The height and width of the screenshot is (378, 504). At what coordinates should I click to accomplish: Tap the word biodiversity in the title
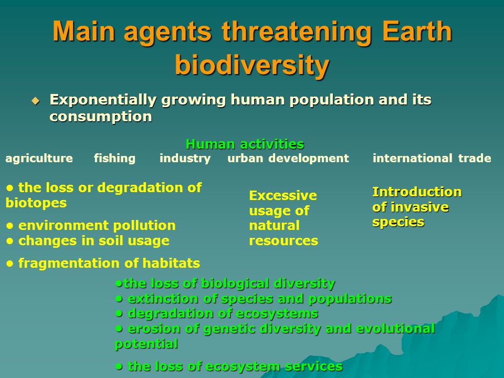pyautogui.click(x=253, y=65)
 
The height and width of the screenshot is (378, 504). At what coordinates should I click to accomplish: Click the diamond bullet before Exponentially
pyautogui.click(x=35, y=101)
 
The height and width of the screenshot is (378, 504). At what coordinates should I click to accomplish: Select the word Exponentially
pyautogui.click(x=103, y=100)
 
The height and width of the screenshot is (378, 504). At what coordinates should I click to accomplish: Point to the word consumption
pyautogui.click(x=101, y=117)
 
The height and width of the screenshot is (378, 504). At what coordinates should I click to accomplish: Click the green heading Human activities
pyautogui.click(x=245, y=144)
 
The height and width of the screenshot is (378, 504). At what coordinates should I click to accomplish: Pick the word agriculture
pyautogui.click(x=39, y=159)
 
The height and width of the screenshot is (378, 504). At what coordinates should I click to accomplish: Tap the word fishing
pyautogui.click(x=115, y=159)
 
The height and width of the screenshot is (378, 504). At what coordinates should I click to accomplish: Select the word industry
pyautogui.click(x=185, y=159)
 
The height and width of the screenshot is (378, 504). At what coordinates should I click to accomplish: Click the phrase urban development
pyautogui.click(x=288, y=158)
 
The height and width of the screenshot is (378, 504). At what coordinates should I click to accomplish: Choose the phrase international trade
pyautogui.click(x=432, y=158)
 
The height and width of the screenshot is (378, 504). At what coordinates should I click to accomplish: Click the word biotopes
pyautogui.click(x=36, y=203)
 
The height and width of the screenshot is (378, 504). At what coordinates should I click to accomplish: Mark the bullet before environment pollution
pyautogui.click(x=10, y=226)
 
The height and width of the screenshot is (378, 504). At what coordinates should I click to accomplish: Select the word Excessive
pyautogui.click(x=283, y=195)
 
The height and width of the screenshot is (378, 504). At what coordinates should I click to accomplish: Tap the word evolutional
pyautogui.click(x=396, y=329)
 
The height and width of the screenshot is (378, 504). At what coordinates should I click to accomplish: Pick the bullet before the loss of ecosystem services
pyautogui.click(x=119, y=366)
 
